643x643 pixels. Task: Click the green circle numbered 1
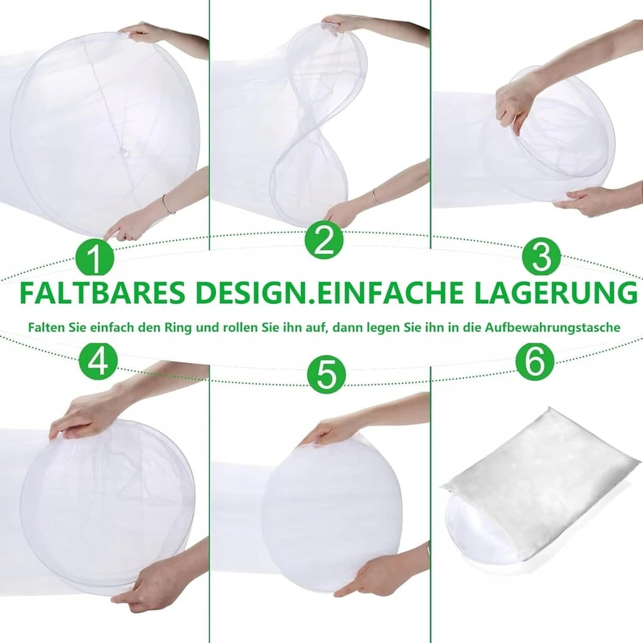(95, 257)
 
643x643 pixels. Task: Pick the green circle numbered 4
(98, 362)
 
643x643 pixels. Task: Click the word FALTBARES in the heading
(102, 292)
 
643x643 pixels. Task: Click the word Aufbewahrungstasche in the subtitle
(553, 328)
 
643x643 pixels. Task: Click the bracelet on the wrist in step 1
(168, 204)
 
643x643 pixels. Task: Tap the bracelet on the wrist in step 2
(376, 197)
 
